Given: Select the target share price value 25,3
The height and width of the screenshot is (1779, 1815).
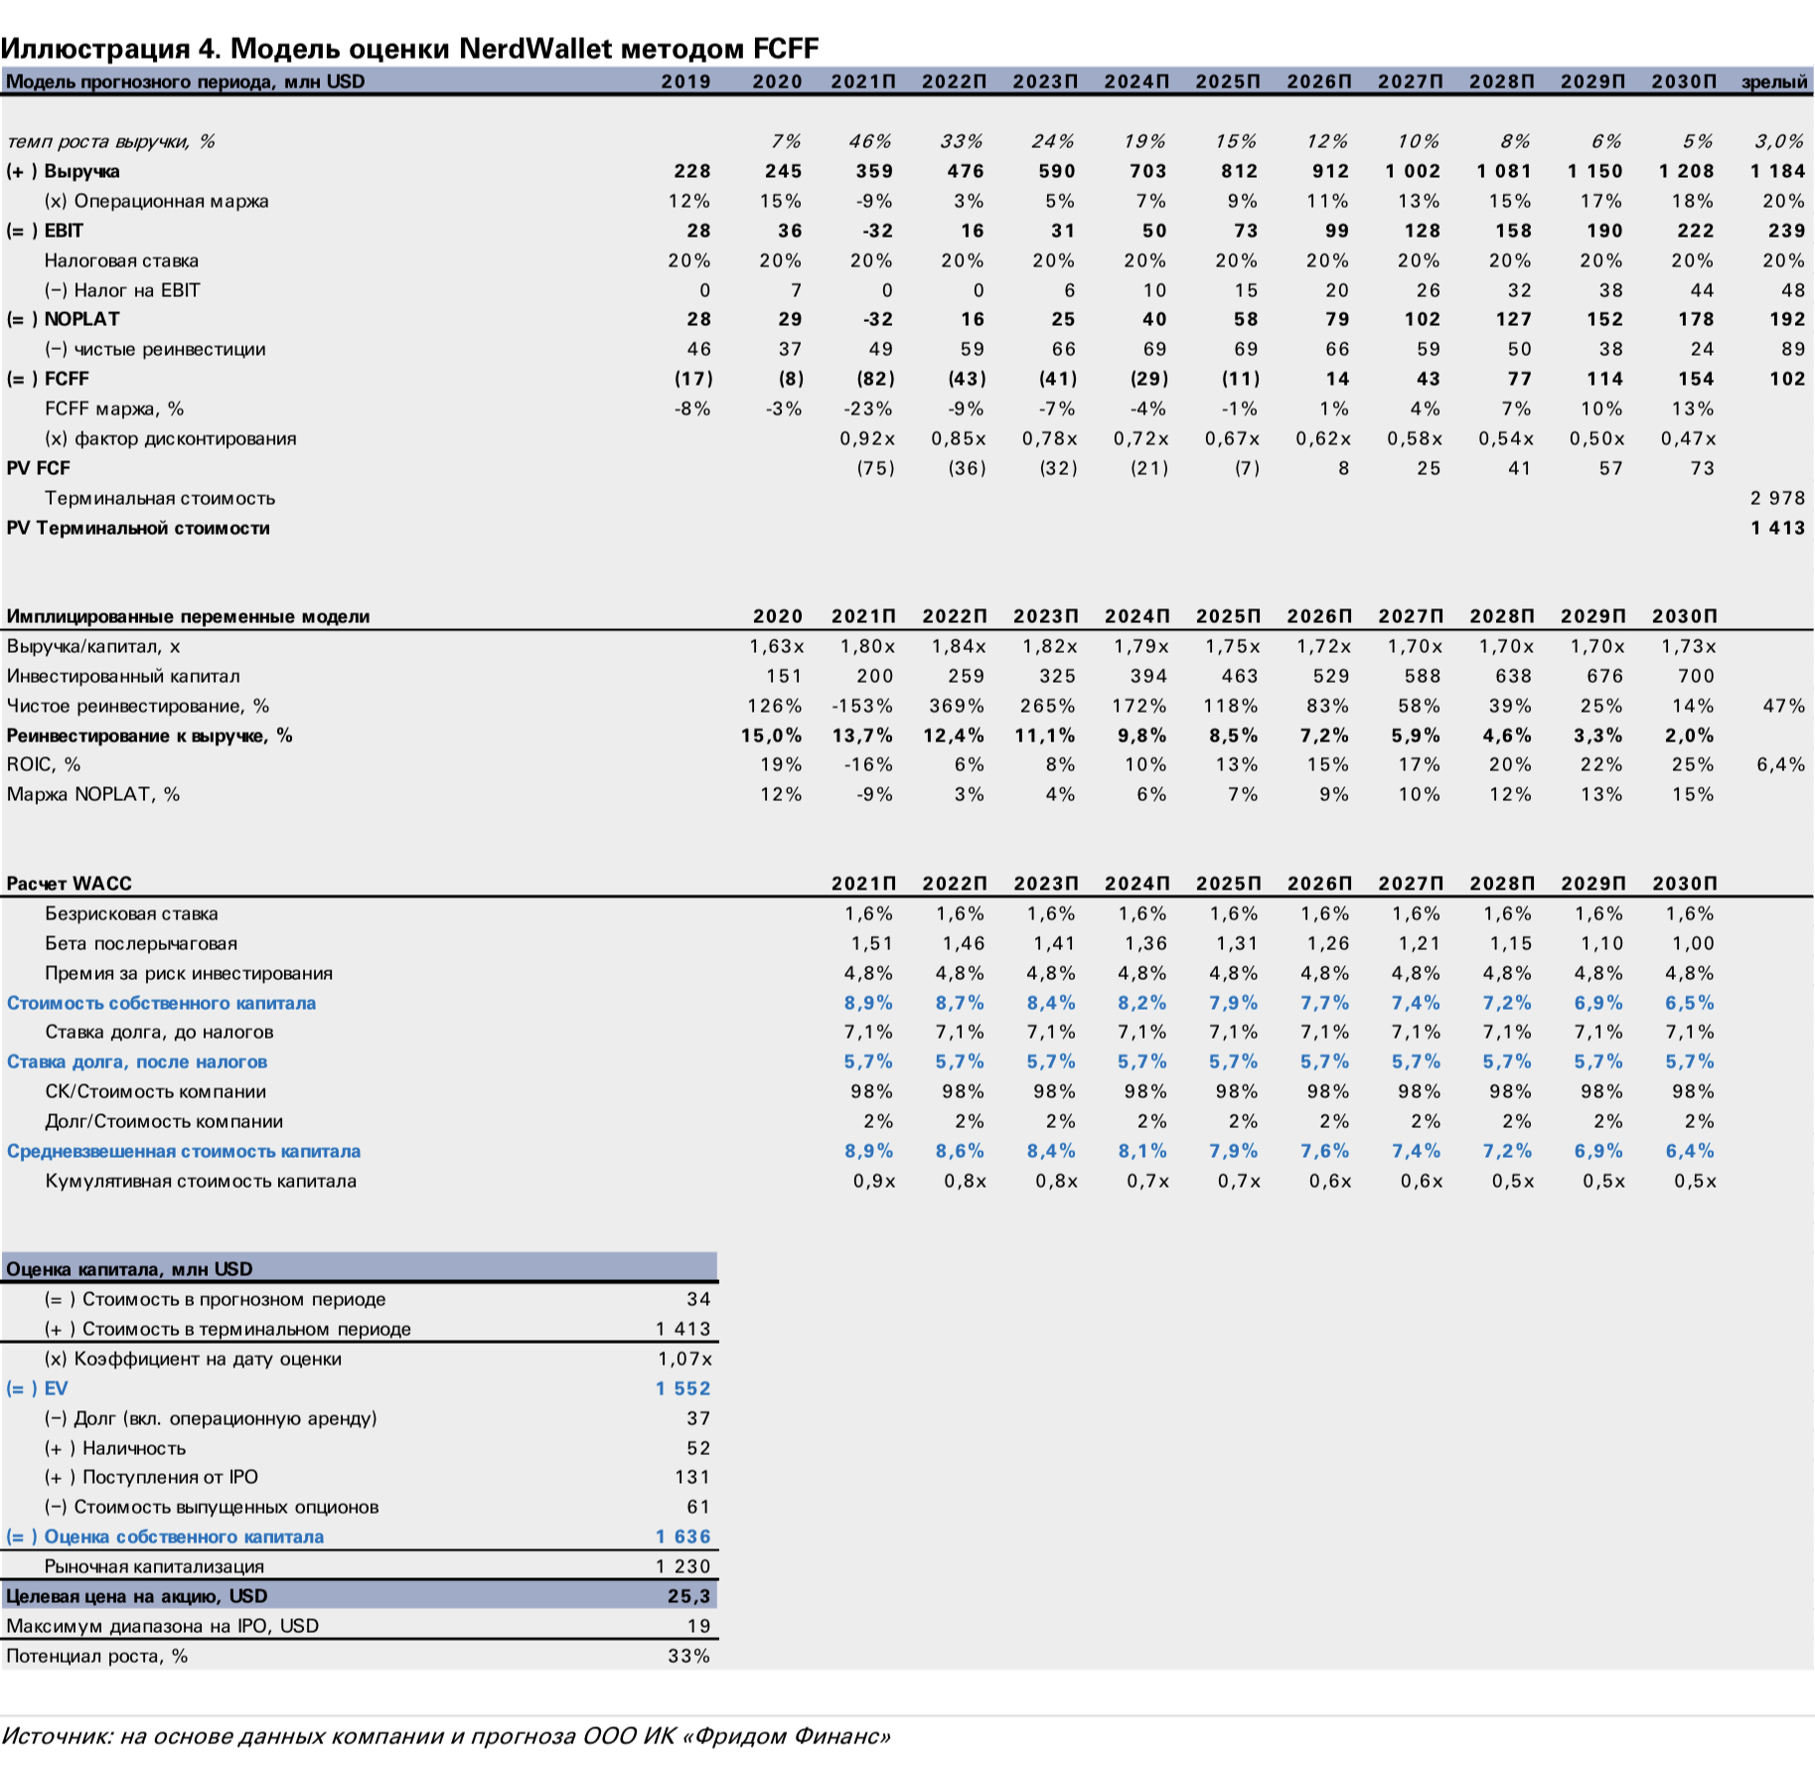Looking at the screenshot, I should pyautogui.click(x=688, y=1596).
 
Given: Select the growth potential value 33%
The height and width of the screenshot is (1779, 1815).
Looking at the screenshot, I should pyautogui.click(x=688, y=1656).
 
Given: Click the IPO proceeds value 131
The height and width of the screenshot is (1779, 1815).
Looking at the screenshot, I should pyautogui.click(x=692, y=1477).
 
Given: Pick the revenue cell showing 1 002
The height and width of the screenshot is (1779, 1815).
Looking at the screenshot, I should pyautogui.click(x=1413, y=171).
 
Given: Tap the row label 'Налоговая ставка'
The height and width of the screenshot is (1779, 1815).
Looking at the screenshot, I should pyautogui.click(x=121, y=260).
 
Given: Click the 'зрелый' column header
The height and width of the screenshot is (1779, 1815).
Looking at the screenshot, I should pyautogui.click(x=1774, y=81).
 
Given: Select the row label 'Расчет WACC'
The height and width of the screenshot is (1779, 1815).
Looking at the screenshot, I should pyautogui.click(x=69, y=884).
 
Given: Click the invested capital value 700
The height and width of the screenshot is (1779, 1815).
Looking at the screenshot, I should pyautogui.click(x=1696, y=676).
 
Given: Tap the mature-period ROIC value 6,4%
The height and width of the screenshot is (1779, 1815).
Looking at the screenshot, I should pyautogui.click(x=1780, y=764).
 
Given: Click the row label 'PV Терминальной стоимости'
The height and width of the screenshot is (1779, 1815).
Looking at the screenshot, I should pyautogui.click(x=138, y=528).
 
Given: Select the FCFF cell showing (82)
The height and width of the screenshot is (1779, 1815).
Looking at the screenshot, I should pyautogui.click(x=874, y=379).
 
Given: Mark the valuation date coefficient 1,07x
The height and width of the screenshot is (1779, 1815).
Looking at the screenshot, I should pyautogui.click(x=684, y=1359).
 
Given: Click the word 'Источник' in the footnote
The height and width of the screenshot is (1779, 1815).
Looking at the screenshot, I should pyautogui.click(x=55, y=1736).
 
